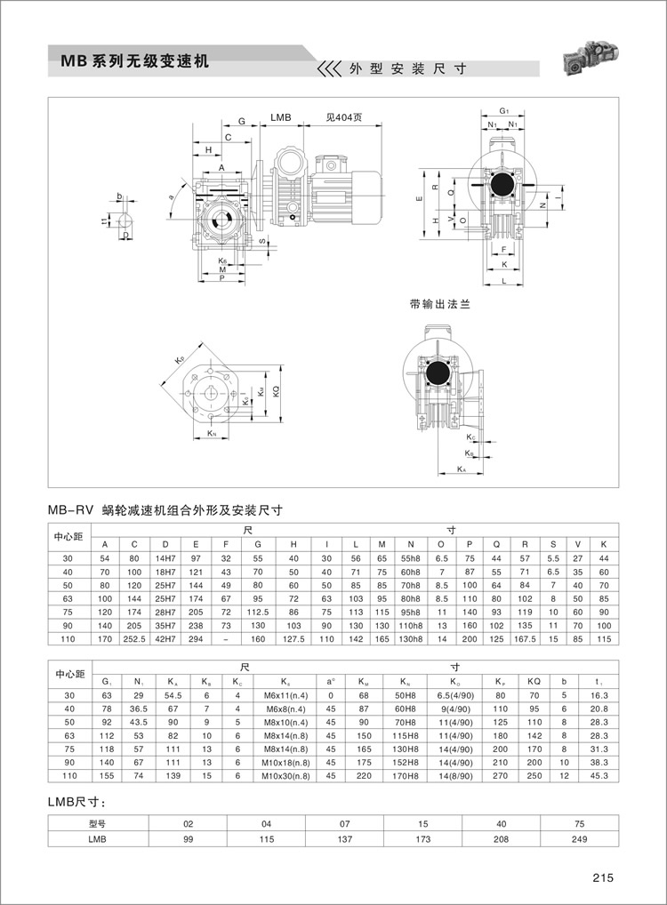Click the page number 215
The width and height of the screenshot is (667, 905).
tap(604, 878)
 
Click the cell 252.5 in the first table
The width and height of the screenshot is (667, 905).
tap(134, 637)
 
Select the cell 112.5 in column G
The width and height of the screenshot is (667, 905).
tap(257, 613)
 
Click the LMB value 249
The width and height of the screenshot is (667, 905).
tap(580, 838)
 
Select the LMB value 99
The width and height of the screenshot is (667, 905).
tap(188, 838)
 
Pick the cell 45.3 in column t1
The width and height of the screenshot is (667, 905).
tap(598, 775)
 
